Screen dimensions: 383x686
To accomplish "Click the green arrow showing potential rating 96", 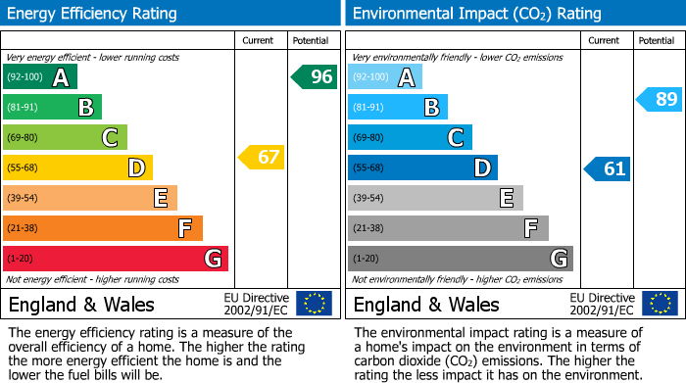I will (x=315, y=76).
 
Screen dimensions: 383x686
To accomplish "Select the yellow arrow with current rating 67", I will (x=262, y=157).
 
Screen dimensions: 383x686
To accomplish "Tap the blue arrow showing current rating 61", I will (x=608, y=168).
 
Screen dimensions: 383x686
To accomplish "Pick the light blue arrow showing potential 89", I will (x=659, y=98).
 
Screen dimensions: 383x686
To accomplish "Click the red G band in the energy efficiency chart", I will (x=115, y=259).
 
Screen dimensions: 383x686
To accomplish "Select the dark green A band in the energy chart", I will (x=39, y=77).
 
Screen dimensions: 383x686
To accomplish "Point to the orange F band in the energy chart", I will (x=102, y=228).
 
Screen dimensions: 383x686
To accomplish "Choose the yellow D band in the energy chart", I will (x=77, y=168).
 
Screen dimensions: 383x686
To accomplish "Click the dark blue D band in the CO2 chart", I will (x=422, y=168).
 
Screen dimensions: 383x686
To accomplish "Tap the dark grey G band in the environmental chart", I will (x=460, y=259).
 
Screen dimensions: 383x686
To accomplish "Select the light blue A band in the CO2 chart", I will (x=384, y=77).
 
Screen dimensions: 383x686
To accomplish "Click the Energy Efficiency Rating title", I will (x=93, y=14).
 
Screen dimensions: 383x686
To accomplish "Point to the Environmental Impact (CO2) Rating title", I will (x=476, y=14).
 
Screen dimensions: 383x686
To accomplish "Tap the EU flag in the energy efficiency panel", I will (x=314, y=304).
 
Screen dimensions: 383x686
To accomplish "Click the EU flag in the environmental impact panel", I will (x=659, y=304).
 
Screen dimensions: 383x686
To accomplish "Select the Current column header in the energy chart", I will (x=258, y=40).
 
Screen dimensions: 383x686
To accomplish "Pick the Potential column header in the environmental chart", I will (x=656, y=40).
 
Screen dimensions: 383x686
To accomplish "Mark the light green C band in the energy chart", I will (x=65, y=137).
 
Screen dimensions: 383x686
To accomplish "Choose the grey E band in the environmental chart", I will (x=435, y=198).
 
